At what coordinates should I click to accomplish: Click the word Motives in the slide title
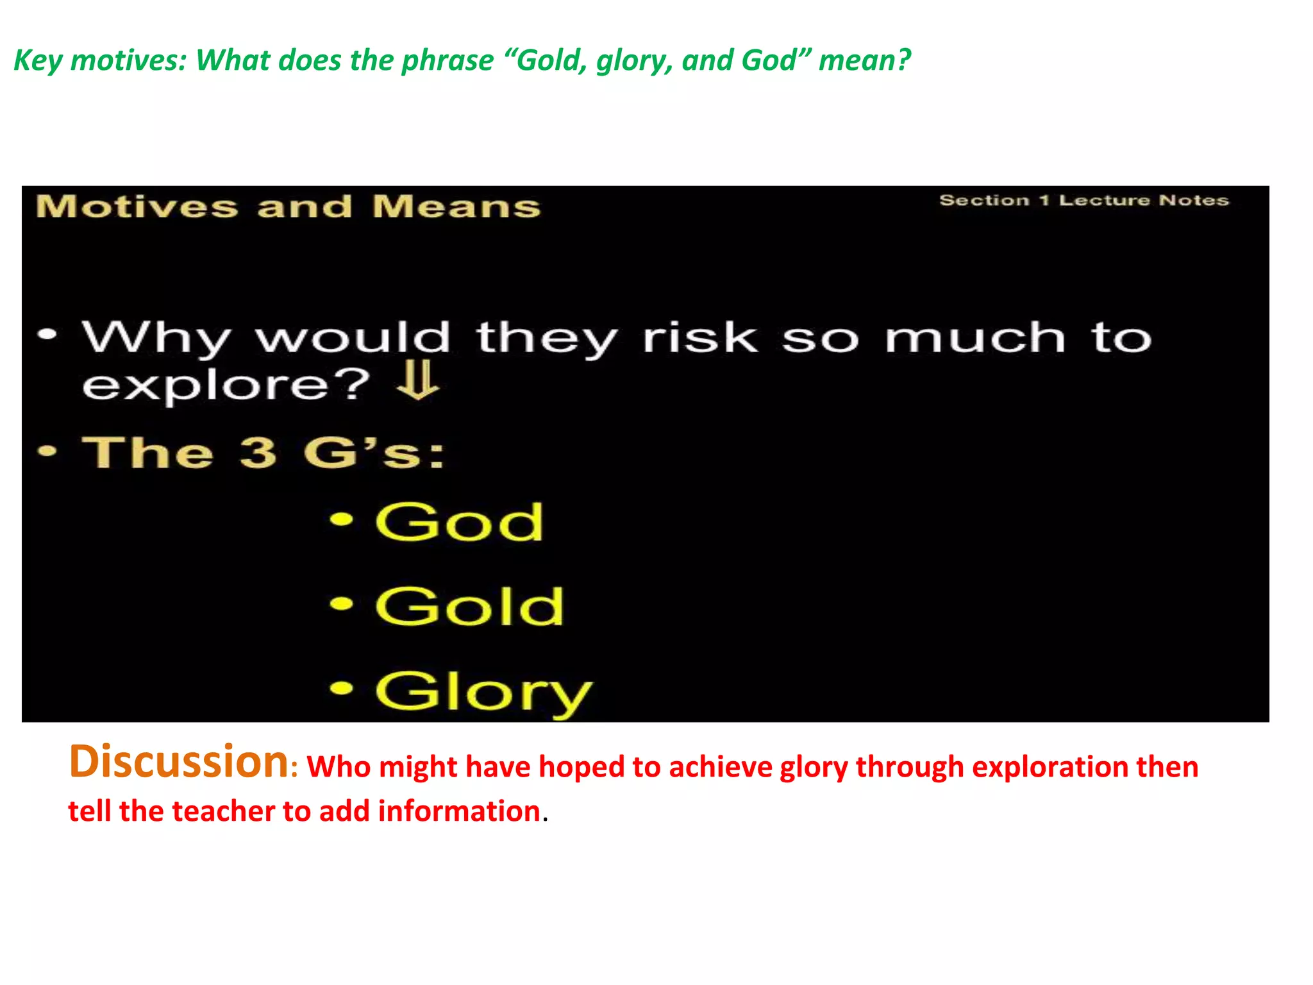[x=137, y=207]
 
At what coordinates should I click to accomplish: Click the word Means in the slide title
[x=456, y=207]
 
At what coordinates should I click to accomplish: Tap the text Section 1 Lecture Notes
[x=1083, y=201]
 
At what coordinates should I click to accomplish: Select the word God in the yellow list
[x=459, y=522]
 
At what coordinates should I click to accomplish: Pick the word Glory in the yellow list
[x=483, y=693]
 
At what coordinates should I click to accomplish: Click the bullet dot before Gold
[x=342, y=603]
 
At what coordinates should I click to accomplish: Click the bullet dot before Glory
[x=342, y=688]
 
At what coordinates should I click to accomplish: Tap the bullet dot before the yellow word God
[x=342, y=519]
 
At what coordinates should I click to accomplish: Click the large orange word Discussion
[x=178, y=762]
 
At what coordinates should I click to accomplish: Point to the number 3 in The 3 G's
[x=258, y=452]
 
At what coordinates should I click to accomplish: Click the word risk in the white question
[x=700, y=338]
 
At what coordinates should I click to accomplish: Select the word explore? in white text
[x=226, y=385]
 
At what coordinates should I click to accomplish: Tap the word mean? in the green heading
[x=864, y=60]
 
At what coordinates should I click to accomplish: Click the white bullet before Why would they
[x=47, y=334]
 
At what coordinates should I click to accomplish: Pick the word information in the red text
[x=459, y=811]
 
